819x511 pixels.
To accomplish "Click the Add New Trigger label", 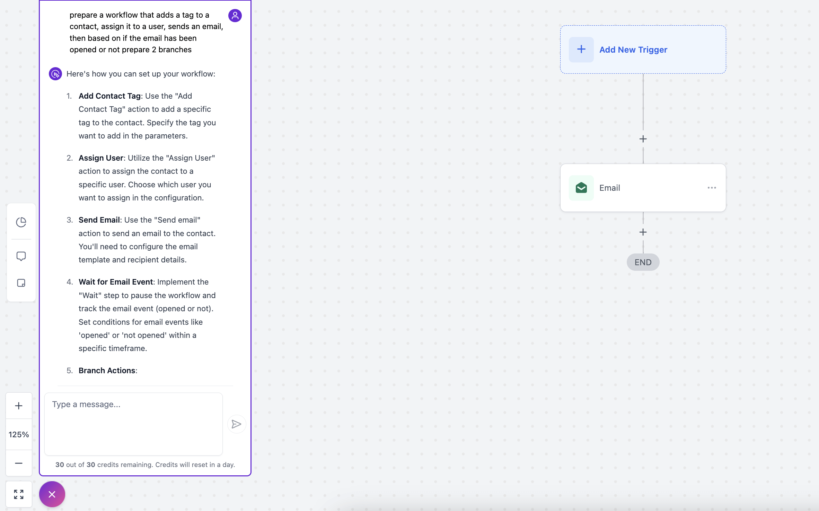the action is (x=633, y=50).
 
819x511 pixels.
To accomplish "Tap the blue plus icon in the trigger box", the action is (x=581, y=50).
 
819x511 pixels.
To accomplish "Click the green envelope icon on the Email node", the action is (x=581, y=188).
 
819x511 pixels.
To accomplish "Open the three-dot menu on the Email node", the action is (x=712, y=188).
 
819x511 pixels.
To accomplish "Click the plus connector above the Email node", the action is (x=643, y=139).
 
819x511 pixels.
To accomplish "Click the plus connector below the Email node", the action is (x=643, y=232).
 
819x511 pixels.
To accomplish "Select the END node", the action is (x=643, y=262).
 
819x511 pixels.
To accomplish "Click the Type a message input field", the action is (x=133, y=424).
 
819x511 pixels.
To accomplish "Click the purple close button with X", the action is (x=52, y=494).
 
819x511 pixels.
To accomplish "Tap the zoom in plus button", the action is (x=19, y=405).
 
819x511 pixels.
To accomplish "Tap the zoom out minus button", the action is (x=19, y=463).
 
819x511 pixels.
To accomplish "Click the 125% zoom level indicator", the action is (x=19, y=434).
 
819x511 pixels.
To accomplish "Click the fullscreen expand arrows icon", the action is (x=19, y=494).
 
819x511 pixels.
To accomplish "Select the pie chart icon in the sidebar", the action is (x=21, y=222).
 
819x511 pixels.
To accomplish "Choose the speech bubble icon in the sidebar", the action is (x=21, y=256).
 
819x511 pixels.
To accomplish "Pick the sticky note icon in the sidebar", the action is (x=21, y=283).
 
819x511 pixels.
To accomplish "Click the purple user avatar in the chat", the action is (x=235, y=15).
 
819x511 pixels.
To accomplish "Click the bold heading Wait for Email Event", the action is (x=116, y=282).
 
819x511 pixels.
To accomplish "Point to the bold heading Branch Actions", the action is (x=107, y=370).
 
